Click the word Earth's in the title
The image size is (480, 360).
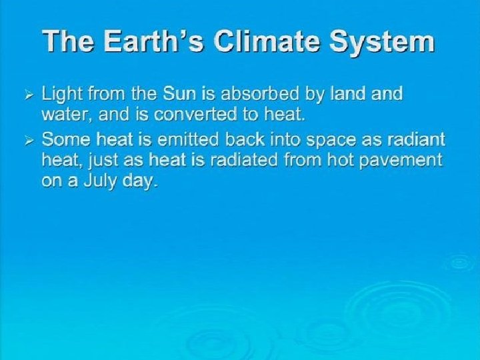click(x=154, y=41)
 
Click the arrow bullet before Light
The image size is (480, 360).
click(x=29, y=97)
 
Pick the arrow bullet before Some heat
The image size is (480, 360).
click(x=29, y=141)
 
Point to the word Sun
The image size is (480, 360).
click(x=179, y=93)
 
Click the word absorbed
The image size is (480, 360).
click(x=259, y=93)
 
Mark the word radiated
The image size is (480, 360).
click(x=244, y=160)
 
